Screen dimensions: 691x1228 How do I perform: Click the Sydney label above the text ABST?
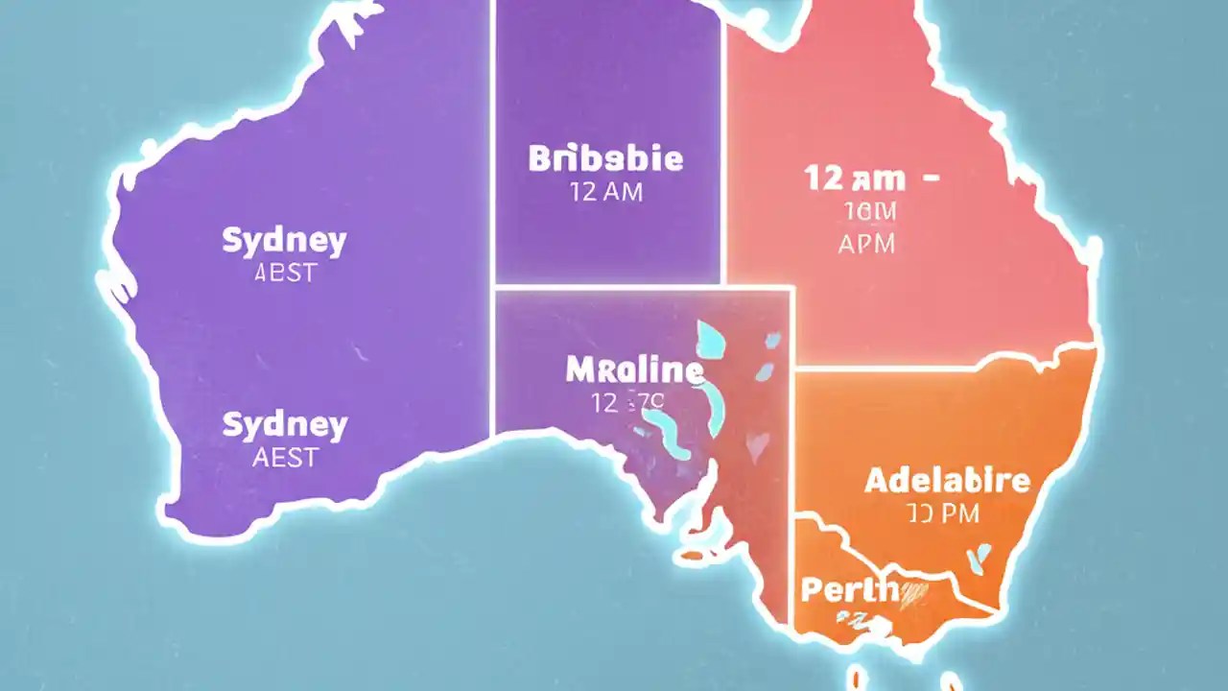[x=284, y=241]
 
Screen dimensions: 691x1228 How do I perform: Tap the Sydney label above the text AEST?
[x=284, y=424]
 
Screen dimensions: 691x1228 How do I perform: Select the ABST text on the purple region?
[x=284, y=274]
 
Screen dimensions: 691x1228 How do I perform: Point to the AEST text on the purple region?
[x=284, y=457]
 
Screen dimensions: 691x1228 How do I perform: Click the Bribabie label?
[x=605, y=158]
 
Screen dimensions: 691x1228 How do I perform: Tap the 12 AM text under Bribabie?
[x=605, y=192]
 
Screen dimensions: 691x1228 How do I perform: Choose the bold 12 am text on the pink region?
[x=855, y=178]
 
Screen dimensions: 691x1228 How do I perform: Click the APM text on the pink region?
[x=865, y=244]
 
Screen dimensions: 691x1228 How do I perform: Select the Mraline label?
[x=634, y=369]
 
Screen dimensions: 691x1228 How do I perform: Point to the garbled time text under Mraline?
[x=623, y=403]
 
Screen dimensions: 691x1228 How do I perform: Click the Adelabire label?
[x=947, y=480]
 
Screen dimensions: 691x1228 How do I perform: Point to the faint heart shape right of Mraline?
[x=758, y=443]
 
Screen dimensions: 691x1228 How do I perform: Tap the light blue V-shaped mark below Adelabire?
[x=980, y=557]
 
